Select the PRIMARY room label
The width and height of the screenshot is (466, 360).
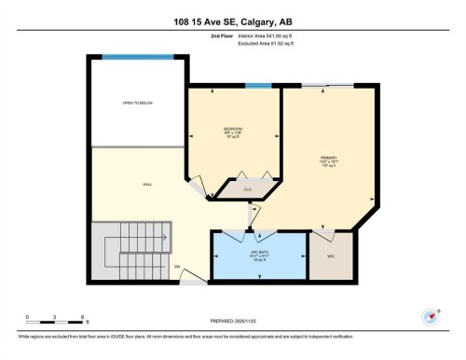327,159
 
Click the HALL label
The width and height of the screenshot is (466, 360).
147,185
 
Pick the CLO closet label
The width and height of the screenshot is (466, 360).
247,189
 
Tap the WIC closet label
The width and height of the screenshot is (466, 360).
330,256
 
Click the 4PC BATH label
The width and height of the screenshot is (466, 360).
259,254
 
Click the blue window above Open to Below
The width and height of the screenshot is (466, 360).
138,57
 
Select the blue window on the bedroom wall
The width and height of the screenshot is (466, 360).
258,85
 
